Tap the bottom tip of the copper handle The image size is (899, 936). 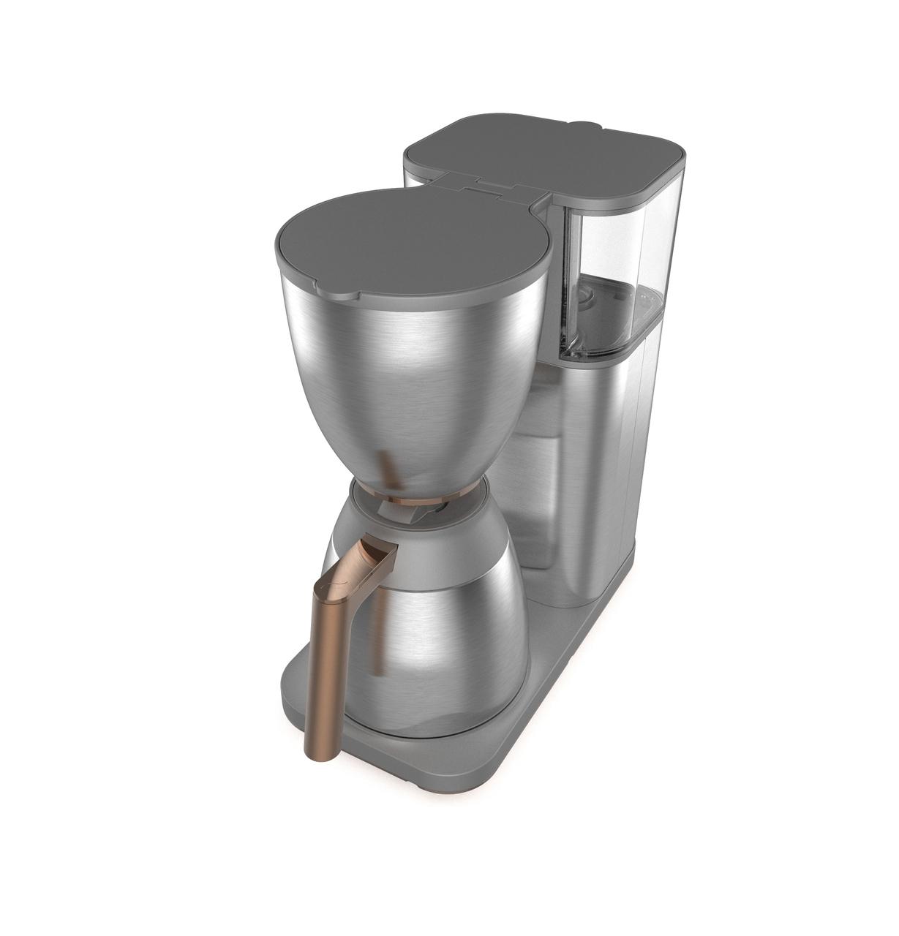(x=315, y=753)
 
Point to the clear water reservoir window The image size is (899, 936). (x=614, y=256)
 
